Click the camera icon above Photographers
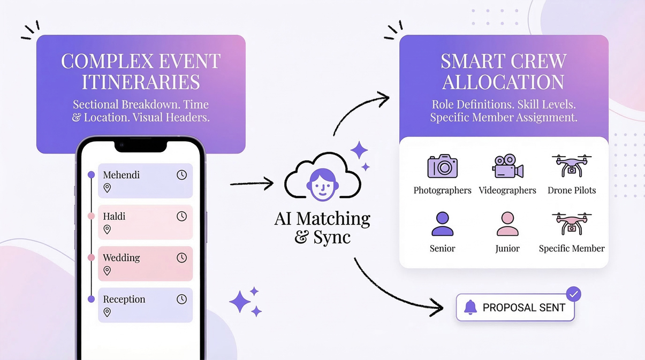point(443,166)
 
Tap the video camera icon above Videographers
point(507,166)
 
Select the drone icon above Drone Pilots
point(572,165)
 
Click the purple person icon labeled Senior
point(443,224)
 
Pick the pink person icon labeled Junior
point(507,224)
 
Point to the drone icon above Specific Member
point(572,224)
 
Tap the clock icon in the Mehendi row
point(182,175)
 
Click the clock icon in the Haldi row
point(182,216)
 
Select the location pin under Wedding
point(107,271)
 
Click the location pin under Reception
point(107,312)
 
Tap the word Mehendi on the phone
point(122,175)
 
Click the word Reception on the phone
point(124,299)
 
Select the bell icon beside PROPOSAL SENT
point(470,307)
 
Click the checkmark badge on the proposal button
point(573,294)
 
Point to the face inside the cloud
point(323,185)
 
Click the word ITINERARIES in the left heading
point(141,82)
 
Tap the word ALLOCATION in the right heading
point(503,82)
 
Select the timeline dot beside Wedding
point(91,258)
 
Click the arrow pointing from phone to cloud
point(252,184)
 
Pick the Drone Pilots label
point(572,190)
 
